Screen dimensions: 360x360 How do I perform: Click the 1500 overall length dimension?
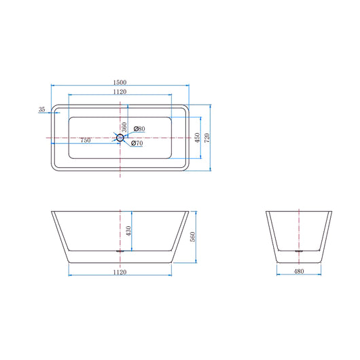click(x=120, y=82)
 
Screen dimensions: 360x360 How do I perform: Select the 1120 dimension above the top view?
click(x=120, y=92)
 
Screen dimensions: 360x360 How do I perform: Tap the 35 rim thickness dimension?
click(x=42, y=109)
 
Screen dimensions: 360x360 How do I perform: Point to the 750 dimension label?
click(x=86, y=140)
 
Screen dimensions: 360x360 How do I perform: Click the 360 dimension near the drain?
click(x=125, y=127)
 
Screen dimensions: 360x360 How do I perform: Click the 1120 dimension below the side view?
click(x=120, y=272)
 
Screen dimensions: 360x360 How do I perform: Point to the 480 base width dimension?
click(x=299, y=272)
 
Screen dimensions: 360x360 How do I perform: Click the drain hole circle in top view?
click(x=120, y=138)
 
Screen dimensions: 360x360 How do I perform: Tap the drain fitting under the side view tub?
click(x=120, y=251)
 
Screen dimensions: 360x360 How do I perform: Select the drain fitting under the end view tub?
click(x=299, y=251)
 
